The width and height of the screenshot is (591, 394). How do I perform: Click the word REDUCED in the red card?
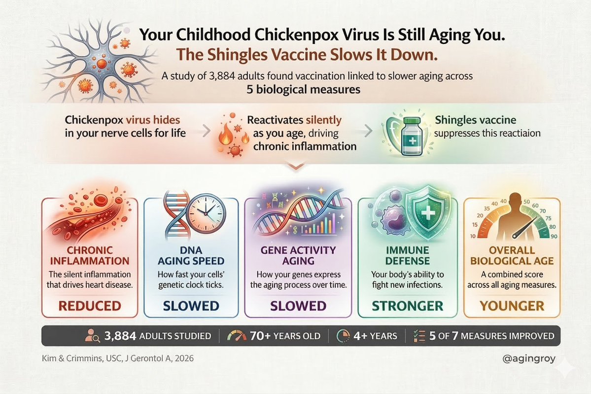point(90,305)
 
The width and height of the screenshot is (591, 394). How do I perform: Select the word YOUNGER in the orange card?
point(512,306)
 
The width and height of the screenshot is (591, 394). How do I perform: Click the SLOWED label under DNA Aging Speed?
point(191,306)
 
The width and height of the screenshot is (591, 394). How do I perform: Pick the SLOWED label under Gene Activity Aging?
point(297,306)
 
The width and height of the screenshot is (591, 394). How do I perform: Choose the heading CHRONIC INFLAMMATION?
point(90,255)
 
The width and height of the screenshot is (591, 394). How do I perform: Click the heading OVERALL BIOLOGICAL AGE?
point(512,255)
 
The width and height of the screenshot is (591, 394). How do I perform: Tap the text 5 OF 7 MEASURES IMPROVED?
point(491,336)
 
